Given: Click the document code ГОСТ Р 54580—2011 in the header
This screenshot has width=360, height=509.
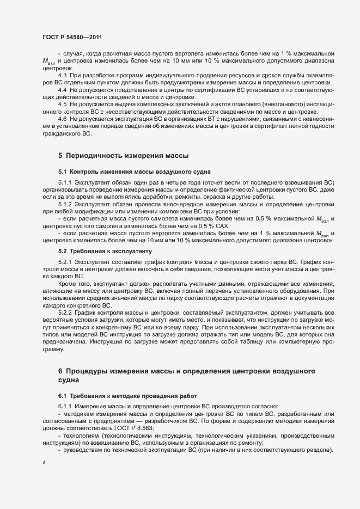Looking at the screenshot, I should (x=72, y=37).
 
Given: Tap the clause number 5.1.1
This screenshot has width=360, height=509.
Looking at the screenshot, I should (x=65, y=182).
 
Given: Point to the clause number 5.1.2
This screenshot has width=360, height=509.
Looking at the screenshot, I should (x=65, y=204).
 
